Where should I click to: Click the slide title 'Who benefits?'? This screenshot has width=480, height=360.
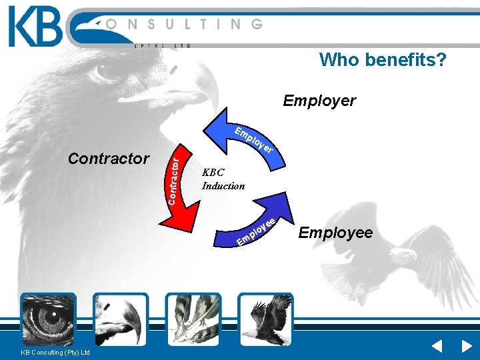pos(383,60)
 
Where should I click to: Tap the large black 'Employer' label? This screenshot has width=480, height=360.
pos(319,101)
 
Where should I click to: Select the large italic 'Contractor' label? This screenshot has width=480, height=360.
pos(109,159)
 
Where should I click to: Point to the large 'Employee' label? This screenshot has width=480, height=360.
pos(335,233)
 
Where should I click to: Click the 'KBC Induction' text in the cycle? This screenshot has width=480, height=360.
pos(223,179)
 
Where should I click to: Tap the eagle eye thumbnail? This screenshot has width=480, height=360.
pos(48,319)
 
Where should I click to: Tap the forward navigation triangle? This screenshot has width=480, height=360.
pos(467,347)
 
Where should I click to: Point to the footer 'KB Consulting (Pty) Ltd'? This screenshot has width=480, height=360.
pos(55,352)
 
